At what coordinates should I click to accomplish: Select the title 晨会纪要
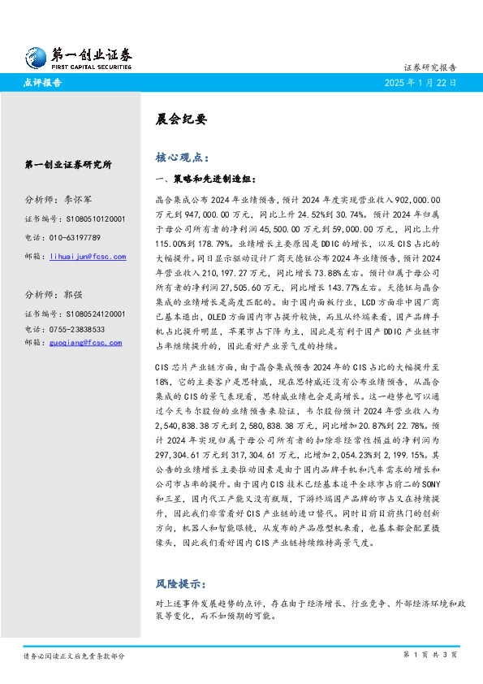pyautogui.click(x=176, y=119)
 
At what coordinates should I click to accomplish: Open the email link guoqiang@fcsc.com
pyautogui.click(x=86, y=343)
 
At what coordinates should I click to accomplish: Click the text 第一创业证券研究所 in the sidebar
pyautogui.click(x=67, y=165)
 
